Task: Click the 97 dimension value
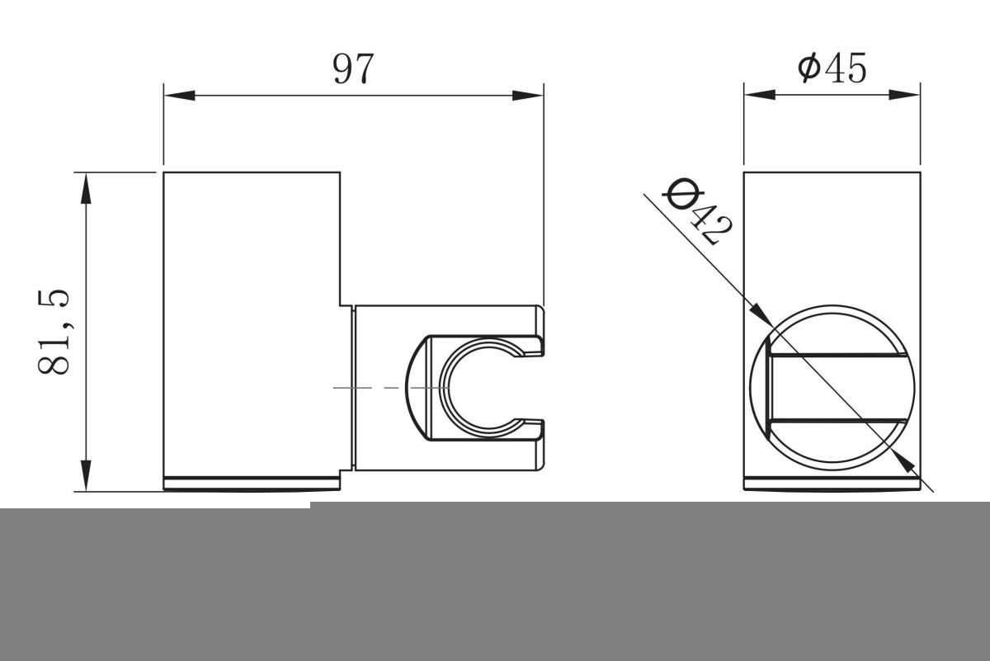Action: [353, 68]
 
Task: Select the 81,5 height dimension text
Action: [54, 332]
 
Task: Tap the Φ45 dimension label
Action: [832, 68]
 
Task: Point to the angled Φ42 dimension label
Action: [696, 211]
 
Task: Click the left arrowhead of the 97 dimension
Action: [180, 95]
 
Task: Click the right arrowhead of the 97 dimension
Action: [528, 95]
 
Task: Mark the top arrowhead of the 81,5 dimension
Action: [86, 188]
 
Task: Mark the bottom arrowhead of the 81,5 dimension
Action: [86, 475]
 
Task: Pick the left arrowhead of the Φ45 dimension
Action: [759, 95]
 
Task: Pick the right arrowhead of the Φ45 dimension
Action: [904, 95]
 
